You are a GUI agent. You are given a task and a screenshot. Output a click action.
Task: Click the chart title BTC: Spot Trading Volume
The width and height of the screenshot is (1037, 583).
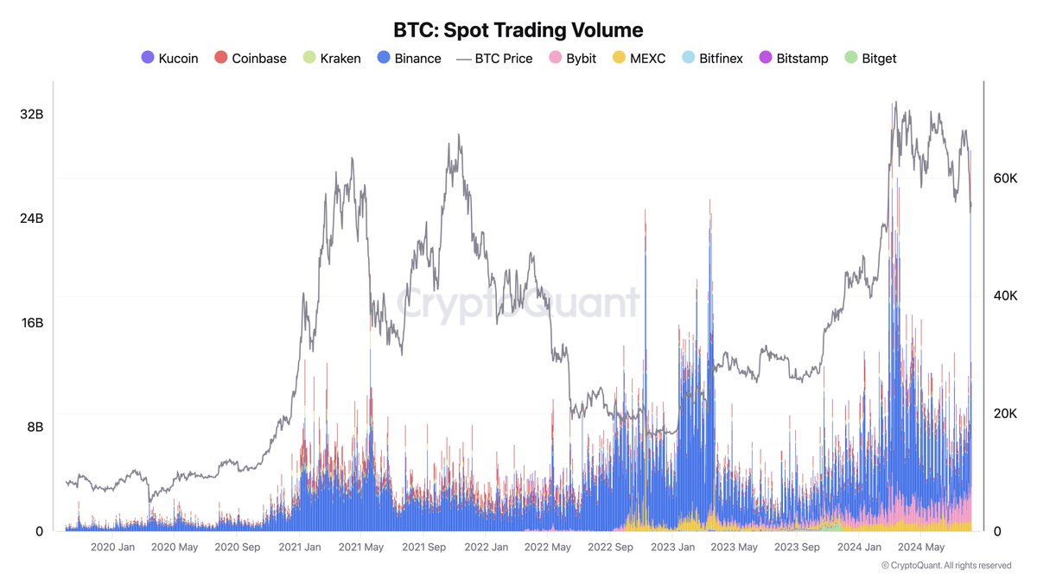tap(518, 30)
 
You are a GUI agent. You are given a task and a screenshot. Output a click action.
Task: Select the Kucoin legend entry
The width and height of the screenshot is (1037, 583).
tap(170, 59)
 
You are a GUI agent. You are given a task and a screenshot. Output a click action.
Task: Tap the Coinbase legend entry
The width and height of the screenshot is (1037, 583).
tap(251, 59)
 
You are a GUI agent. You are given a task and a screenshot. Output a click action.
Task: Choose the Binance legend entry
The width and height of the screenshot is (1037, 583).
tap(410, 59)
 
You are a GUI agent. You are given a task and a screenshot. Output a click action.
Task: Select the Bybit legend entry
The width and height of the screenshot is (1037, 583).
tap(570, 59)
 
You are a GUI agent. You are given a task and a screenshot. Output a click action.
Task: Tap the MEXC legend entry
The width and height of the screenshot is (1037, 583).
tap(639, 59)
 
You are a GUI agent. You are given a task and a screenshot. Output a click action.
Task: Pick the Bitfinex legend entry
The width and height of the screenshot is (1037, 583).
tap(712, 59)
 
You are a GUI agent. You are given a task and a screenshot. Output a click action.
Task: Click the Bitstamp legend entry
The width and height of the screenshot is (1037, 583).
tap(793, 59)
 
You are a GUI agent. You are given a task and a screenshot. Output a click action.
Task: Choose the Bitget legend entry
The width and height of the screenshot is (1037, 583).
tap(872, 59)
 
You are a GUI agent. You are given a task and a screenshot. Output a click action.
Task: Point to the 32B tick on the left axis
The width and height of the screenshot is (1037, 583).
tap(32, 114)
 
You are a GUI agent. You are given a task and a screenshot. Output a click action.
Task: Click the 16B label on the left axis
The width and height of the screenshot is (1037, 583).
tap(32, 323)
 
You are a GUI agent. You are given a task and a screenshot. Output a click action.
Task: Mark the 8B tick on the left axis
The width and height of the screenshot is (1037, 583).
tap(34, 428)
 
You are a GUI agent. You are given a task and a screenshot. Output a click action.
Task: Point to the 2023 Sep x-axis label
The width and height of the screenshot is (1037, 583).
tap(798, 547)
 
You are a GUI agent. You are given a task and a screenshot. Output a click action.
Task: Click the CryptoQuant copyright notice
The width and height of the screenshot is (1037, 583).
tap(946, 566)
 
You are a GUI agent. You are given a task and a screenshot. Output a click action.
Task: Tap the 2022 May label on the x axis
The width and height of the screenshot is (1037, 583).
tap(548, 547)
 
